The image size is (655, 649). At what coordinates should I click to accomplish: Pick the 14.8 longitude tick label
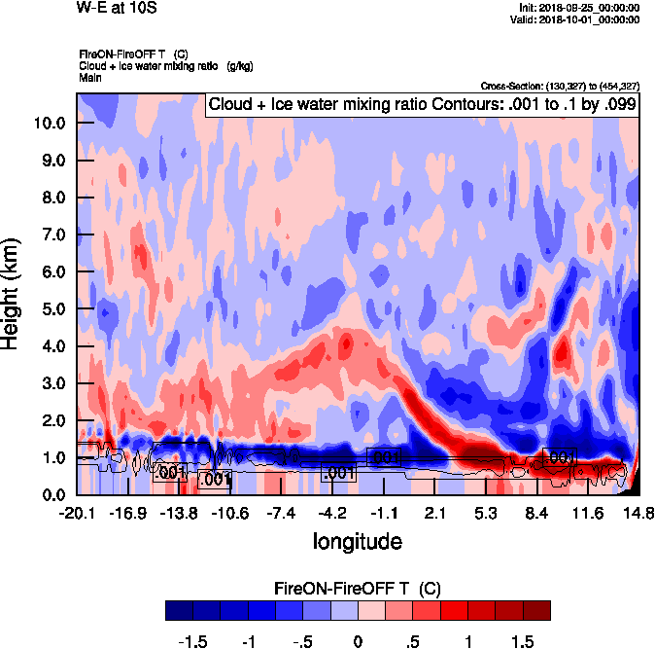coord(638,513)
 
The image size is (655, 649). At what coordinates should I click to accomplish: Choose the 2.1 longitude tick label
coord(435,513)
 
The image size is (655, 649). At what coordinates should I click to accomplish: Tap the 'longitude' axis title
coord(357,540)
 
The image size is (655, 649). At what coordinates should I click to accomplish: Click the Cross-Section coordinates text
coord(560,86)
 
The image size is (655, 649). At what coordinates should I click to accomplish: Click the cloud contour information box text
coord(422,105)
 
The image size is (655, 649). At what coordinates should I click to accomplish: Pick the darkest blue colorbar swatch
coord(178,610)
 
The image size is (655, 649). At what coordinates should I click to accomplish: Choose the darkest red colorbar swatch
coord(536,610)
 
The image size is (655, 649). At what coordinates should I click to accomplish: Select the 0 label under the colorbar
coord(358,642)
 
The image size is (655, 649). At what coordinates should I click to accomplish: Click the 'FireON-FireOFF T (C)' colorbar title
coord(358,589)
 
